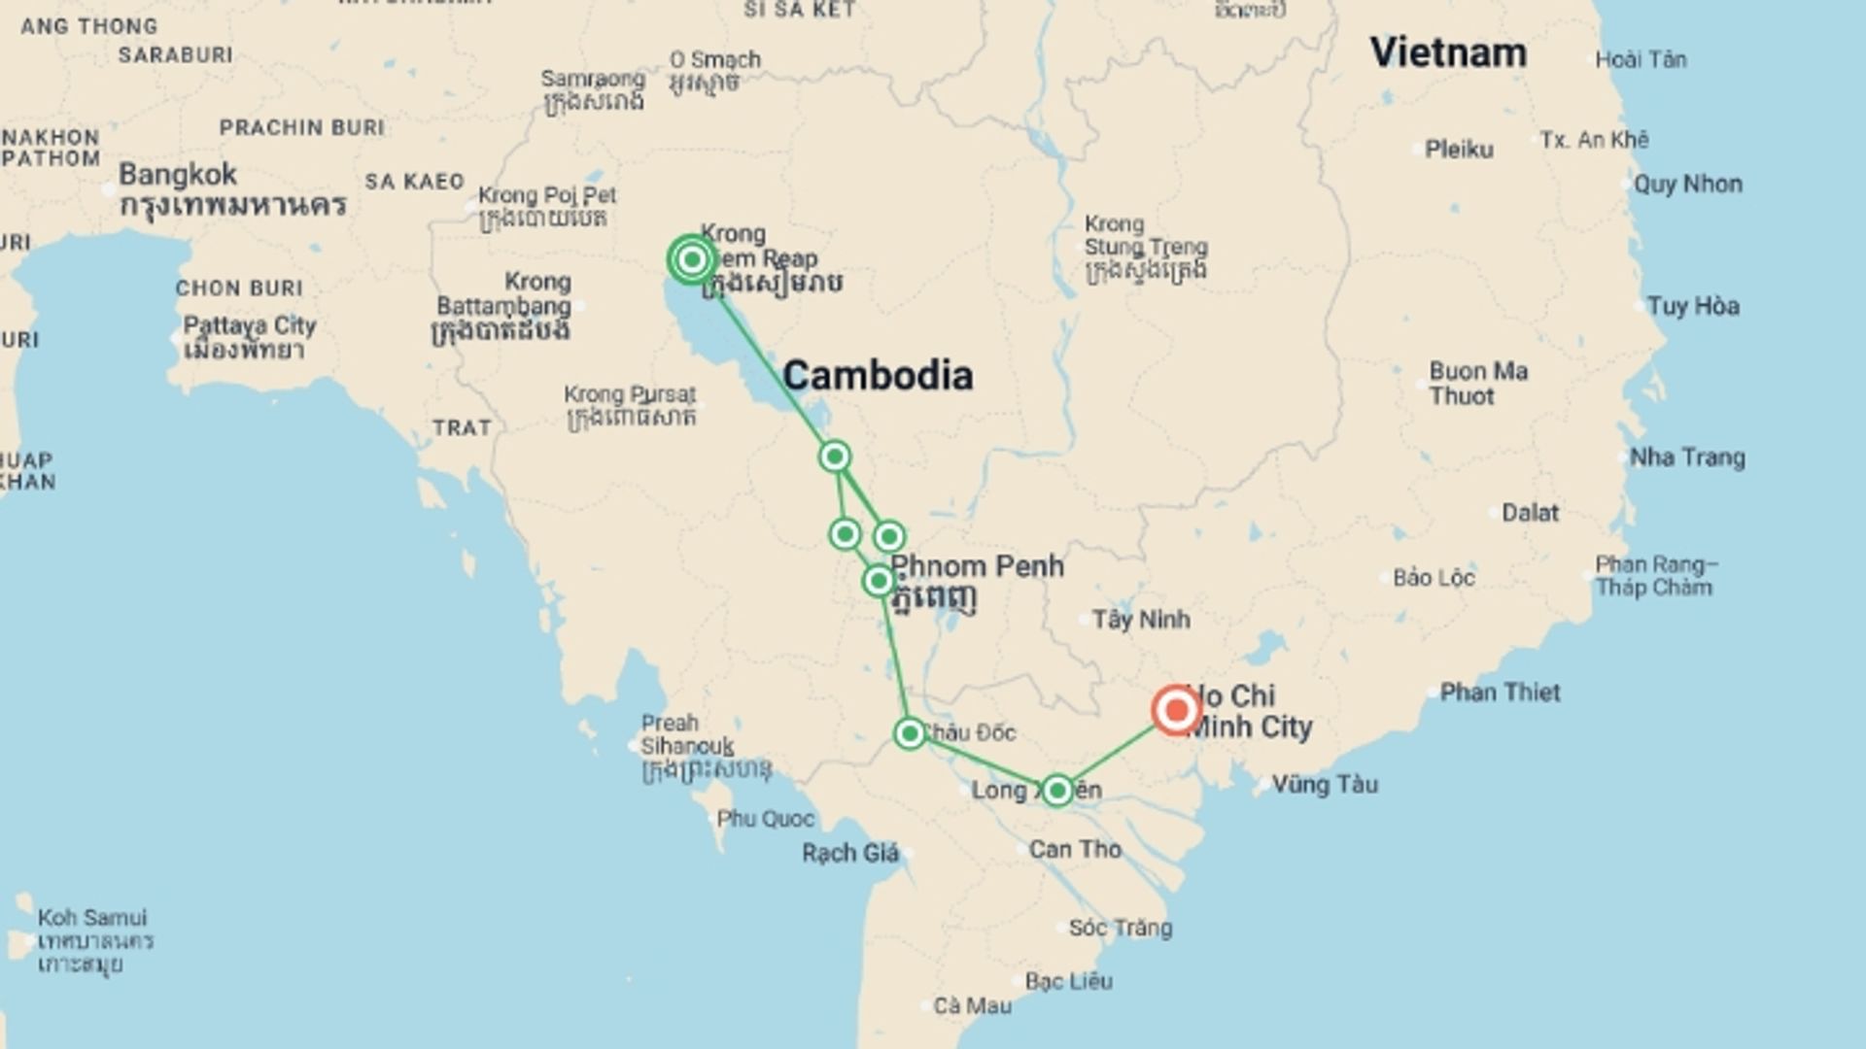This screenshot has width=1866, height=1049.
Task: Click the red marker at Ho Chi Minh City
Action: (1176, 710)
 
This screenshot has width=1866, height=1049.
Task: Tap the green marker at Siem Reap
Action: (692, 259)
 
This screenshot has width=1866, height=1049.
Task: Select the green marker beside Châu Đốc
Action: (910, 732)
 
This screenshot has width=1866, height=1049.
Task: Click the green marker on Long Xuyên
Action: (1057, 790)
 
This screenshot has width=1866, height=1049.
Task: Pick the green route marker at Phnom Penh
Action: (879, 581)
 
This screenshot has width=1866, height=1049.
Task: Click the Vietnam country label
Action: (1448, 52)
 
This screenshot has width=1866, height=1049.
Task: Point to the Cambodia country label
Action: (877, 376)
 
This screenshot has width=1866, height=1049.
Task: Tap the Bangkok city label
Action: (178, 175)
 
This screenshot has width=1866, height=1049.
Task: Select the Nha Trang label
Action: (1687, 457)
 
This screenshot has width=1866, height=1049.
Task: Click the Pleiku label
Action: (1458, 150)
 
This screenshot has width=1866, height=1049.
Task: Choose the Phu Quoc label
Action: (765, 819)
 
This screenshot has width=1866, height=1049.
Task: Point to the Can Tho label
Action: (1075, 850)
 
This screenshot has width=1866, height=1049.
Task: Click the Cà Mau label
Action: (972, 1006)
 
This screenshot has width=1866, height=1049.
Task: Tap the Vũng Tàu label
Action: (1325, 785)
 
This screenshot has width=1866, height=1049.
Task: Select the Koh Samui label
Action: (92, 918)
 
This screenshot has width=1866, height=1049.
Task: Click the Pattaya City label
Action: (250, 325)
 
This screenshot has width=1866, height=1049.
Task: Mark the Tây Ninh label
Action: (1140, 620)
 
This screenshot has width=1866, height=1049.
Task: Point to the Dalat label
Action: (1530, 513)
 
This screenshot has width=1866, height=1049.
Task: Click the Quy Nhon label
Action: (1687, 185)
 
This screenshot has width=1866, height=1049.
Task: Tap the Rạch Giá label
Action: (850, 854)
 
